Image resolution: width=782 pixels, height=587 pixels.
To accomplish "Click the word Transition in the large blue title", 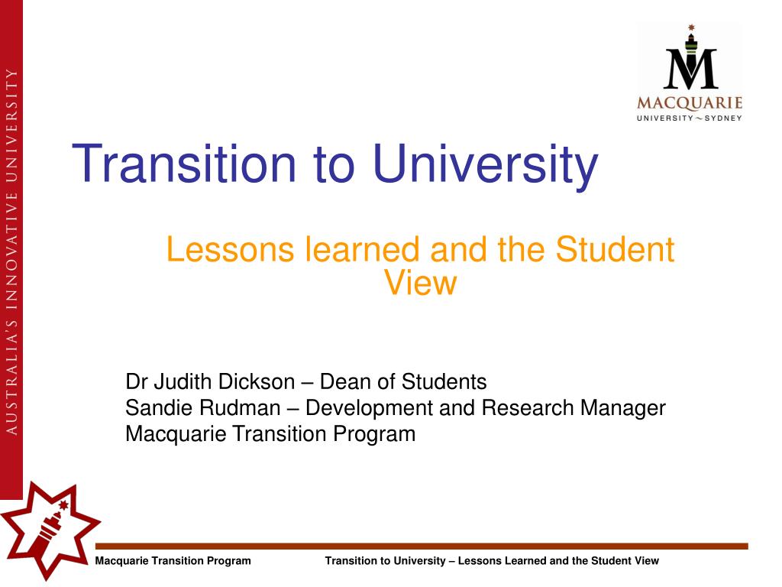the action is tap(185, 164).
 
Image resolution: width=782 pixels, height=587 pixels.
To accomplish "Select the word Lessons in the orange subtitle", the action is tap(230, 249).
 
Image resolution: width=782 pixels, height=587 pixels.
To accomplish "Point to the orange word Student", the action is tap(615, 249).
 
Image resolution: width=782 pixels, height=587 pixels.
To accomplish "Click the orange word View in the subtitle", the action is tap(421, 283).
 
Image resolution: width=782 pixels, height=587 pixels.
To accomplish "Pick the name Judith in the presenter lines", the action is tap(182, 382).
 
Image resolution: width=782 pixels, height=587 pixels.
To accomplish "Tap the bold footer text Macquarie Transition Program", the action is tap(173, 560).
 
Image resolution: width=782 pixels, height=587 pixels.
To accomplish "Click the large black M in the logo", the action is tap(690, 68).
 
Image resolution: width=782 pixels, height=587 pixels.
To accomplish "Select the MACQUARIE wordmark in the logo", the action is tap(690, 103).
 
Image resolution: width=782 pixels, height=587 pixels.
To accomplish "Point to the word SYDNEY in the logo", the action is tap(722, 118).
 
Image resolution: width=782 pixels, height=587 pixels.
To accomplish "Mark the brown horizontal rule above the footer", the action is tap(422, 546).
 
